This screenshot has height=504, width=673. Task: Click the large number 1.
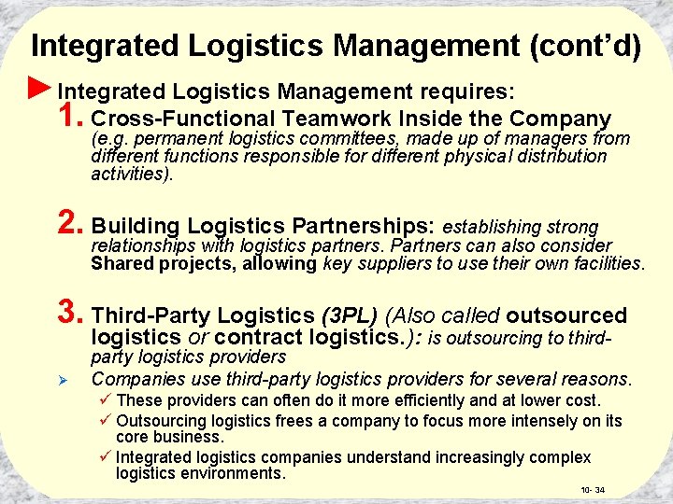point(70,117)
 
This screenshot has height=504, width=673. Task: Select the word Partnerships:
point(363,227)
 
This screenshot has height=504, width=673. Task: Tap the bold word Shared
point(120,263)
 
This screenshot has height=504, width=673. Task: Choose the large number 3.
point(70,314)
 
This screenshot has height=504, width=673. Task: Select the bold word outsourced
point(566,315)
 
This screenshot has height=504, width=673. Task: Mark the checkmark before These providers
point(106,400)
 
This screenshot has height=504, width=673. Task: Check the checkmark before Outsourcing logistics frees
point(106,420)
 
